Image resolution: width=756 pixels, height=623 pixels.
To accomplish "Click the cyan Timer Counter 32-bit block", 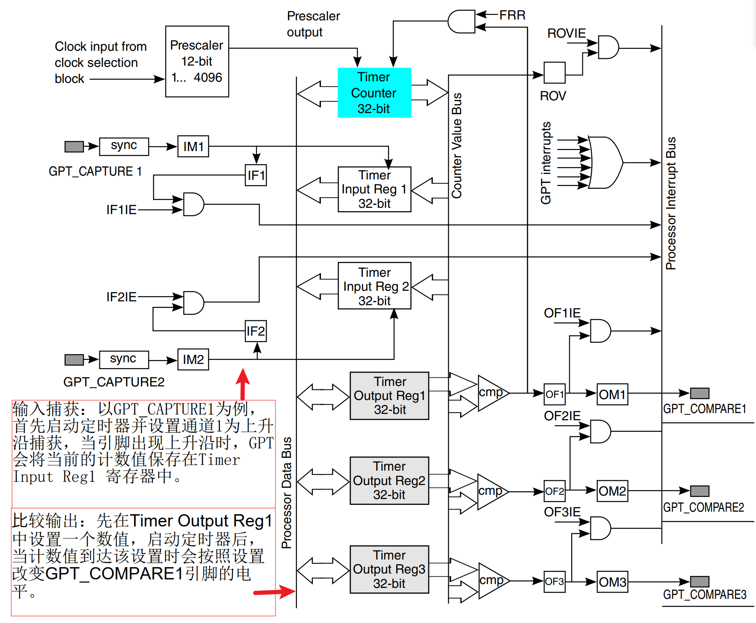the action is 374,93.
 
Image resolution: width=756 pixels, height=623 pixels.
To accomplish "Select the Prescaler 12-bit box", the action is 197,61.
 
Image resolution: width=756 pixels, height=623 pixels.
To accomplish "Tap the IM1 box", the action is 193,146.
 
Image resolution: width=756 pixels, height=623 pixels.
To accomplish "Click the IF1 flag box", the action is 256,175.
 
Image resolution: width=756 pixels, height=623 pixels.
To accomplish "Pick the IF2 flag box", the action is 256,331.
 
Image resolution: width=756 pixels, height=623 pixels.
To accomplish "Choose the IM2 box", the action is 193,359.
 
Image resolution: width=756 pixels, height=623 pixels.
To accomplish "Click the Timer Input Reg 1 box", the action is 375,189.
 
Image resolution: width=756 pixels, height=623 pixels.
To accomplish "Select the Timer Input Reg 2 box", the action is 375,286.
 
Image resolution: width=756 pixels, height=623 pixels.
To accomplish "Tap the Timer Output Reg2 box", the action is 389,480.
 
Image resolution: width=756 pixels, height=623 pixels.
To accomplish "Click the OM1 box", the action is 613,394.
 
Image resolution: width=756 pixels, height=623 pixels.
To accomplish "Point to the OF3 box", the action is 555,582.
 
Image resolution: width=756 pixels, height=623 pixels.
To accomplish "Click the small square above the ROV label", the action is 555,73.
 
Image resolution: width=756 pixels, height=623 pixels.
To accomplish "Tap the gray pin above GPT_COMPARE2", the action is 700,491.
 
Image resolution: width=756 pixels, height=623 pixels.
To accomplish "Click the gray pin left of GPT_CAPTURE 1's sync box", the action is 74,146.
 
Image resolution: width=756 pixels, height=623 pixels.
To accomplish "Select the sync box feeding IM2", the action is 124,360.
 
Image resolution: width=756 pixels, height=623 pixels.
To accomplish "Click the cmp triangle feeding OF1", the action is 493,393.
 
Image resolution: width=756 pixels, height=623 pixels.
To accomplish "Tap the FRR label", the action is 512,15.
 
